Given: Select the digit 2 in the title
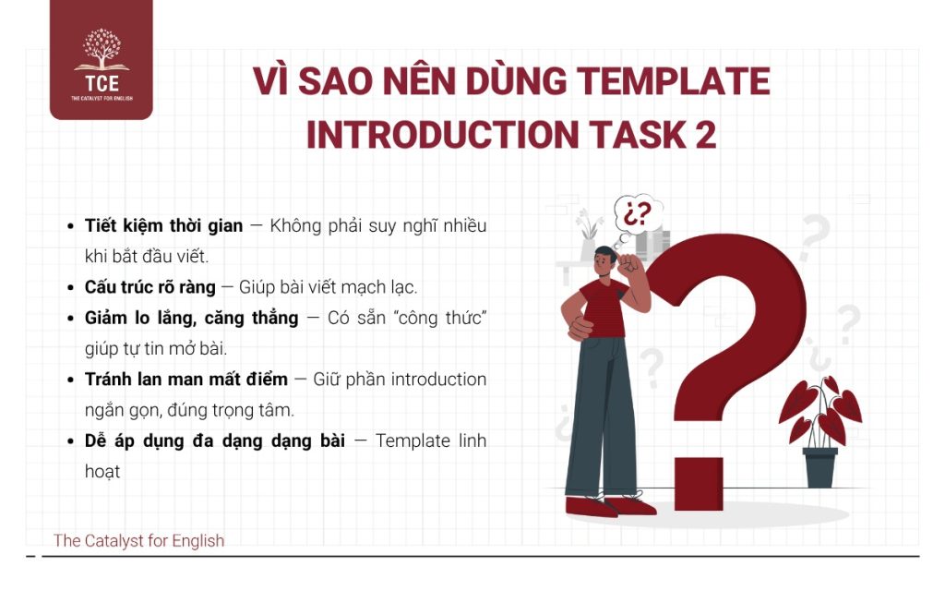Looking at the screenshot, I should (704, 135).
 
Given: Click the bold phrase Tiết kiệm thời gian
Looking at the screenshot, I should (163, 226).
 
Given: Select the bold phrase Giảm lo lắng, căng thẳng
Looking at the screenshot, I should (191, 318).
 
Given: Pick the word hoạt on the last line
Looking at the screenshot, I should (102, 471).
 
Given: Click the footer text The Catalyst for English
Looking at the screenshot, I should (138, 541).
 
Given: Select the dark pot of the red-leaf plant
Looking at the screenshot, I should (820, 467).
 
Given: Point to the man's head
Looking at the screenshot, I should (606, 262).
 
